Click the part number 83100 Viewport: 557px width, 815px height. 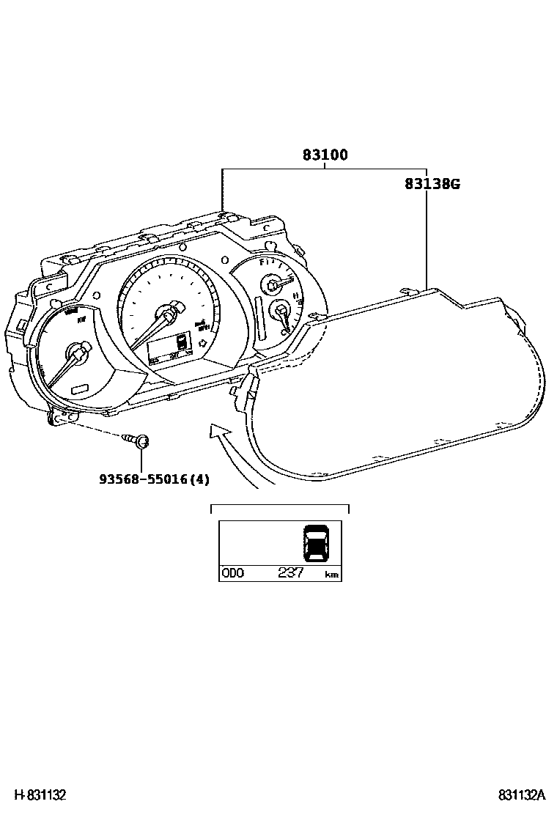click(325, 155)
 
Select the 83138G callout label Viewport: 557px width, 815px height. click(432, 184)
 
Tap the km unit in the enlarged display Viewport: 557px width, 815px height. click(331, 575)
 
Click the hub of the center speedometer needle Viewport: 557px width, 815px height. click(169, 316)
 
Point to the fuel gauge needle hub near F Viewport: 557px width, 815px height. click(274, 284)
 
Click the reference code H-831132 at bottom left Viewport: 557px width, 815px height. click(37, 795)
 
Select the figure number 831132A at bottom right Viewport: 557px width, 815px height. click(522, 795)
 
